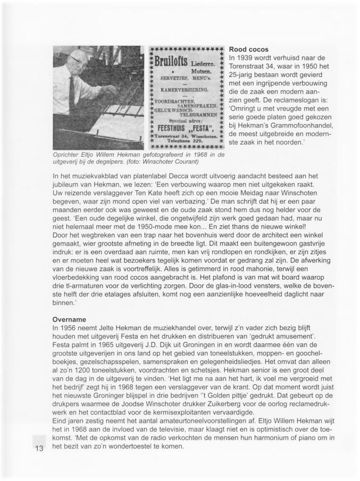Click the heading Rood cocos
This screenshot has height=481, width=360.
[248, 49]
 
